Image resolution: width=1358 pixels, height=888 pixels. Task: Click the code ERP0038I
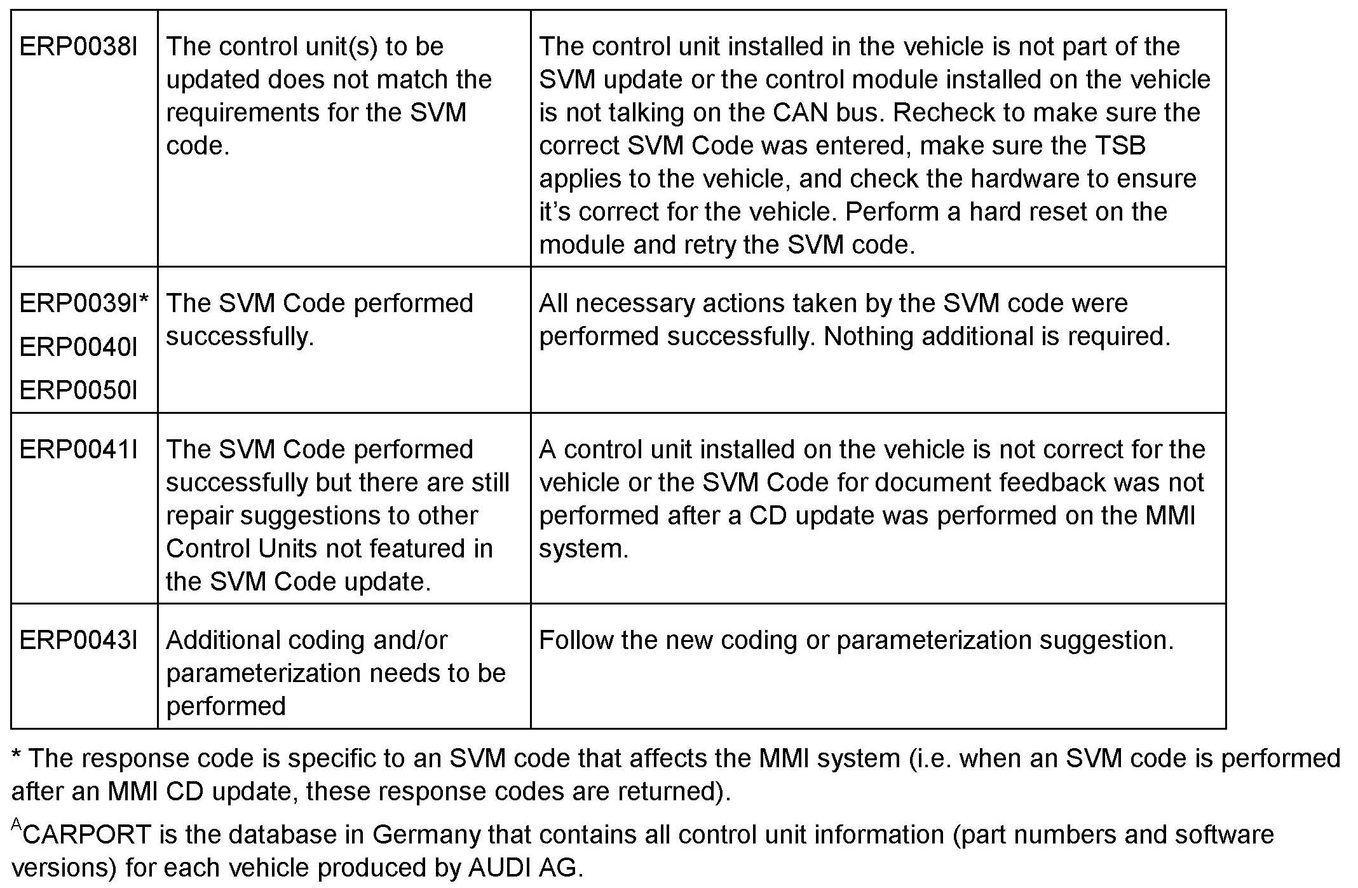[x=78, y=47]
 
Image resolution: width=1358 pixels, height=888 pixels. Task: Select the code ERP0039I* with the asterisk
[x=84, y=303]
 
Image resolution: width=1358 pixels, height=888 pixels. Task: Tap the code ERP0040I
[x=78, y=347]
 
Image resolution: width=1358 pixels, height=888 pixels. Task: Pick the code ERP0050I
[x=78, y=390]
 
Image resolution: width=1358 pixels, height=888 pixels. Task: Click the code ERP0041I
[x=78, y=450]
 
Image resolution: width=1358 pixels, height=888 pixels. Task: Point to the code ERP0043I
[x=78, y=641]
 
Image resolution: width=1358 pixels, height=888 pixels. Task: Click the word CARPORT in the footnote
[x=88, y=835]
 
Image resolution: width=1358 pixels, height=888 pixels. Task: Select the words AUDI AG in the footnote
[x=524, y=868]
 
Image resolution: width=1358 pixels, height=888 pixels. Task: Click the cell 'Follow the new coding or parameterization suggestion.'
[x=855, y=641]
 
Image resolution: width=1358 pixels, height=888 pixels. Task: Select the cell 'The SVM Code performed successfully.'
[x=319, y=320]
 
